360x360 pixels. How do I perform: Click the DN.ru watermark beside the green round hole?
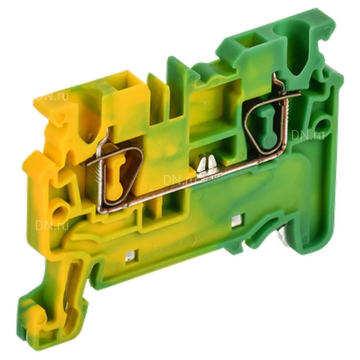308,135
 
